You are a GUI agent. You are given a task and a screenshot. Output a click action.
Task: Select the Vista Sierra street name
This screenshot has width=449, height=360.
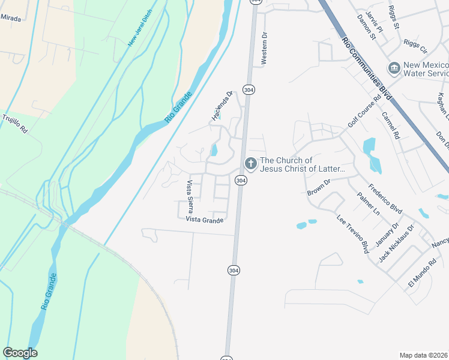pyautogui.click(x=190, y=197)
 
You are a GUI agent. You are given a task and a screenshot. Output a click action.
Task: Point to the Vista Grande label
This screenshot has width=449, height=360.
pyautogui.click(x=204, y=220)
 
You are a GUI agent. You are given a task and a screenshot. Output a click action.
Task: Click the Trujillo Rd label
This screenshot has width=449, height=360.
pyautogui.click(x=15, y=123)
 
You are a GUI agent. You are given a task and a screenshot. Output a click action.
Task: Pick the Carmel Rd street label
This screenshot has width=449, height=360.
pyautogui.click(x=391, y=126)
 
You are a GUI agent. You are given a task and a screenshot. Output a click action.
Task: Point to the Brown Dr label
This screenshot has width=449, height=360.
pyautogui.click(x=319, y=187)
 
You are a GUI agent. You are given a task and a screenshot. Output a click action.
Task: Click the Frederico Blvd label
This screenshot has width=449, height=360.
pyautogui.click(x=385, y=199)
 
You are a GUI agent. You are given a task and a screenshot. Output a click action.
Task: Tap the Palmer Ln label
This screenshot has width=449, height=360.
pyautogui.click(x=368, y=204)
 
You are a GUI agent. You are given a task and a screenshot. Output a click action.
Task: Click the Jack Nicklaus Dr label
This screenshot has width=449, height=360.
pyautogui.click(x=396, y=244)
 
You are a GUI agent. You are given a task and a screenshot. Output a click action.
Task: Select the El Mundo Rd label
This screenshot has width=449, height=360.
pyautogui.click(x=422, y=274)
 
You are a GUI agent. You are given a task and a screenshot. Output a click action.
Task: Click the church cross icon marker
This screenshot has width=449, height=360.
pyautogui.click(x=250, y=163)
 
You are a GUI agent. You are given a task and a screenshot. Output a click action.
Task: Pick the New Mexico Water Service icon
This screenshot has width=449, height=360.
pyautogui.click(x=394, y=68)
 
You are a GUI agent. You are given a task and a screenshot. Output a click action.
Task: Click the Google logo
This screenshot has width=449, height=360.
pyautogui.click(x=20, y=353)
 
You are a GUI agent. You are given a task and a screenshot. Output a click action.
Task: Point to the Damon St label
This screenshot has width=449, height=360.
pyautogui.click(x=366, y=28)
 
